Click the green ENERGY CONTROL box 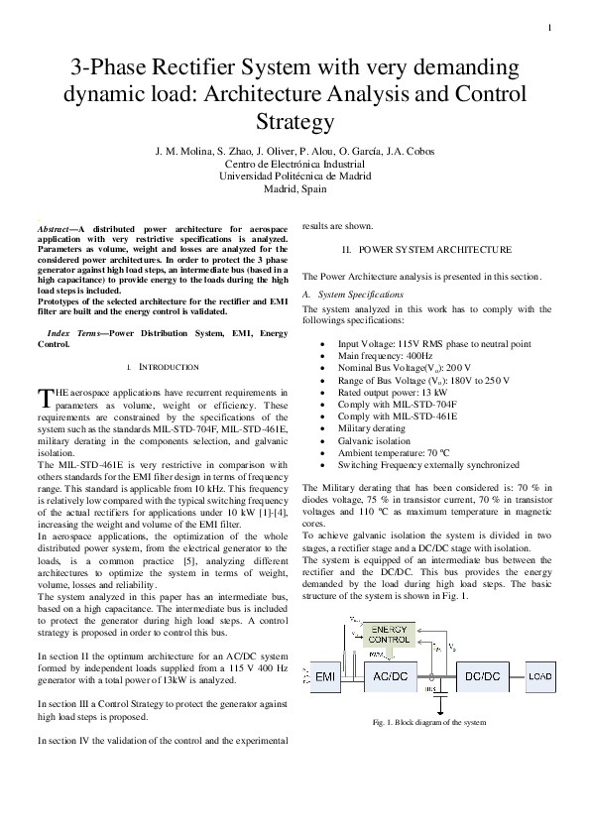[390, 635]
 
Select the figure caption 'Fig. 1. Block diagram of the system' [428, 722]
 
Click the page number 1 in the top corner [548, 27]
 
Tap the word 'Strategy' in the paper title [295, 123]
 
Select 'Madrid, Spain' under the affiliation [295, 188]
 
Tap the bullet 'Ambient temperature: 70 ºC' [388, 452]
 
